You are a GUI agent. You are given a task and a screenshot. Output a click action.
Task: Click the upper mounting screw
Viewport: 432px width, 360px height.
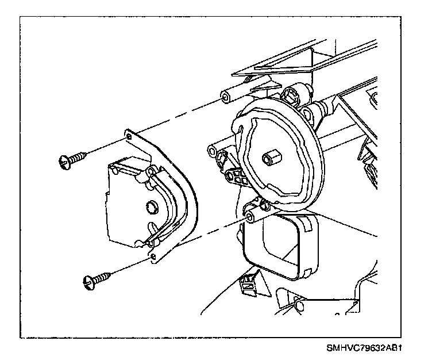tap(72, 158)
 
